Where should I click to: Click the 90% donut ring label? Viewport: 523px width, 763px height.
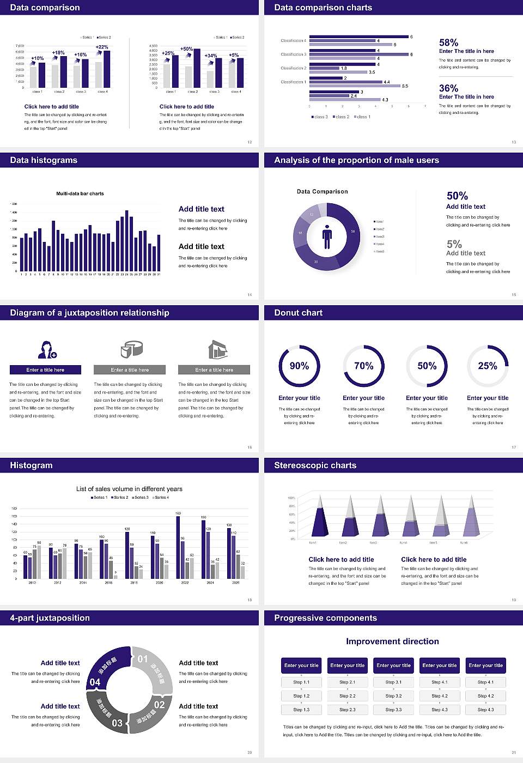299,366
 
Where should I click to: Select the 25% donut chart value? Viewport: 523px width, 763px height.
488,366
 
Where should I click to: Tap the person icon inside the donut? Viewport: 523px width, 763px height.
327,237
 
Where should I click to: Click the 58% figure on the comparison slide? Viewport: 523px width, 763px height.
448,43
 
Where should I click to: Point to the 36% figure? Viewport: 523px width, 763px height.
448,88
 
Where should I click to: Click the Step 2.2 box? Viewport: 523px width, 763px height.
348,696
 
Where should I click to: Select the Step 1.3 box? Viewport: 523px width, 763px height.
301,710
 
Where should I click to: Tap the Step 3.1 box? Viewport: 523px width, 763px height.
393,682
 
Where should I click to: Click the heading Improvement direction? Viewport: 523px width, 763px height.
392,641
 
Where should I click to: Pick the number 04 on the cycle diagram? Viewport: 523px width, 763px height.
95,682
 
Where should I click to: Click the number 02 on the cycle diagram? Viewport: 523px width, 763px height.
159,705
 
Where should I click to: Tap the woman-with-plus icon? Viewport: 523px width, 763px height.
47,350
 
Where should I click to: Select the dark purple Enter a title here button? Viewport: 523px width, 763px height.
46,370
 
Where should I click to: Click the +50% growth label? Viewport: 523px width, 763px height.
186,49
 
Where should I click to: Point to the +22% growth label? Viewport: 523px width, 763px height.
102,47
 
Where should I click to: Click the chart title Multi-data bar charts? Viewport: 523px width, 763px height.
80,193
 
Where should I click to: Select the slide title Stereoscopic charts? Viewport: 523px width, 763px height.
315,465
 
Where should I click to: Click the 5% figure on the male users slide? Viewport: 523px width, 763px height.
454,244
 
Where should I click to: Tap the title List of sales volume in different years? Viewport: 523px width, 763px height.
129,489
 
